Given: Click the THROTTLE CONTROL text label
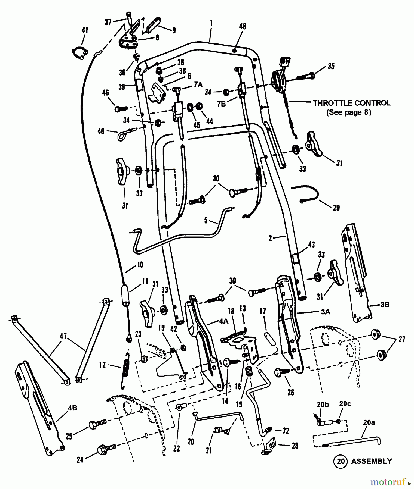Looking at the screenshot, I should click(352, 103).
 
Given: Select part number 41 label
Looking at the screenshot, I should click(85, 30).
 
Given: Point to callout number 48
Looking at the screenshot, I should click(243, 26).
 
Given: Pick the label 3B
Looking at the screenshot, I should click(384, 305).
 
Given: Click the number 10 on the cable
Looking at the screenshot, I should click(140, 264).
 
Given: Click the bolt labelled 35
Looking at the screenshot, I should click(306, 76).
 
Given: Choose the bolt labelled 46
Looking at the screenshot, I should click(121, 109).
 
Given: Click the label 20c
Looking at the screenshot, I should click(345, 404).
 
